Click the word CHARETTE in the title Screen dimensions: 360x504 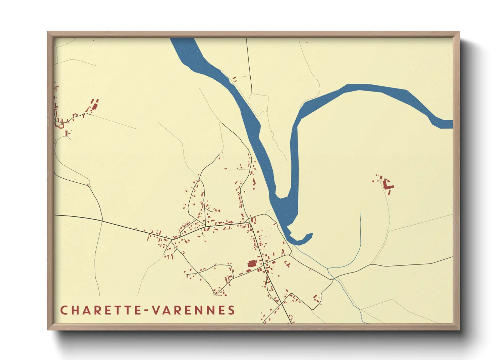[101, 310]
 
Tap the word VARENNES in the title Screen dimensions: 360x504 [193, 310]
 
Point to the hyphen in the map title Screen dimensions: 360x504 [147, 311]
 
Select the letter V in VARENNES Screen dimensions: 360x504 [155, 310]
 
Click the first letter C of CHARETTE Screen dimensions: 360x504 [63, 310]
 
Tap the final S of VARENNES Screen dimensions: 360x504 [232, 310]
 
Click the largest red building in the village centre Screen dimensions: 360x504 [252, 263]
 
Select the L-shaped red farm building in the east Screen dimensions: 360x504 [387, 185]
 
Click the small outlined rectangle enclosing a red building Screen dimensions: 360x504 [66, 133]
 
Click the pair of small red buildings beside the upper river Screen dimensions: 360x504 [234, 80]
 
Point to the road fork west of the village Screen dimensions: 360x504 [172, 240]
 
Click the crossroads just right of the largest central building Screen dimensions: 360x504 [263, 263]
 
